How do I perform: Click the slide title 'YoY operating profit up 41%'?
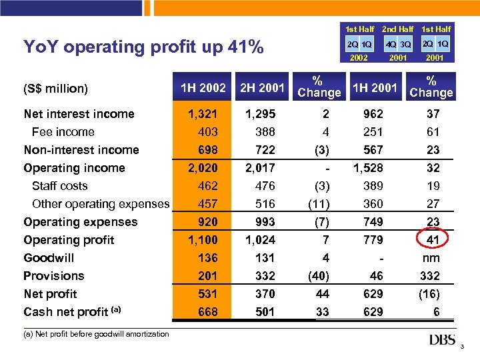(143, 47)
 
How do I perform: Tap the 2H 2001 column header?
(262, 87)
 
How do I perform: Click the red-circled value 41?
(433, 240)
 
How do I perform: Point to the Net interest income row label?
(79, 114)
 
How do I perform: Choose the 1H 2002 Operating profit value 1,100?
(203, 240)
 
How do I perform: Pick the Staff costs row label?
(59, 186)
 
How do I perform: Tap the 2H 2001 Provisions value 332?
(265, 276)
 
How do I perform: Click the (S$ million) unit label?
(56, 88)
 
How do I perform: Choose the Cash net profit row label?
(66, 312)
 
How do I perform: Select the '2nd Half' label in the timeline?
(397, 29)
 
